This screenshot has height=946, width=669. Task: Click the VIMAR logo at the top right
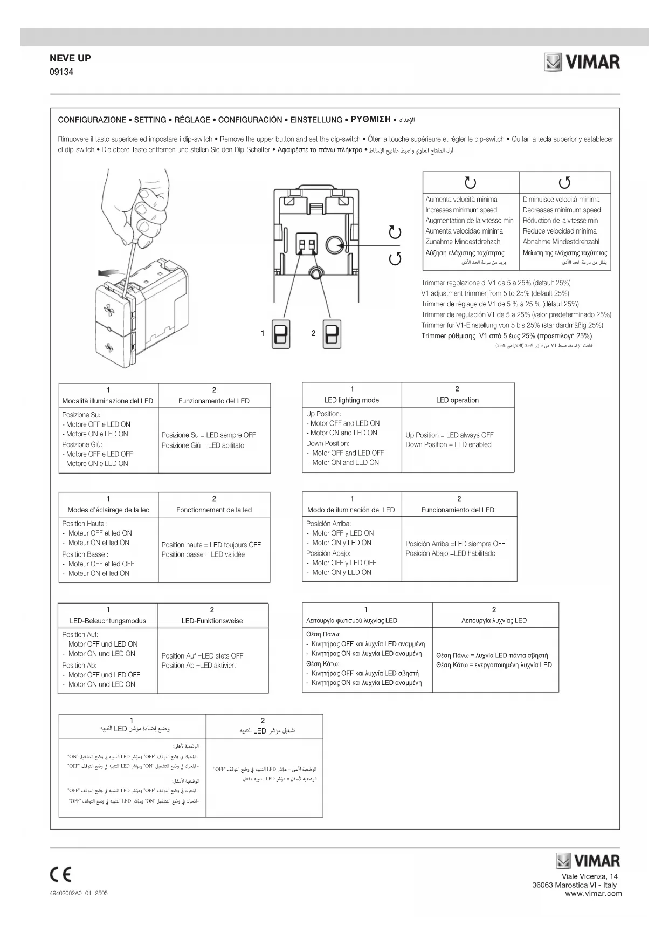[x=582, y=62]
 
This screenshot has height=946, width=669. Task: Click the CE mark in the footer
[x=60, y=874]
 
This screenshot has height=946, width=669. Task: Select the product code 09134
[x=61, y=72]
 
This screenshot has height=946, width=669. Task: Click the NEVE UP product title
[x=70, y=58]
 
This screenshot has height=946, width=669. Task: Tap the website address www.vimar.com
[x=593, y=893]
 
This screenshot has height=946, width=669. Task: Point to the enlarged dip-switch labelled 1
[x=280, y=334]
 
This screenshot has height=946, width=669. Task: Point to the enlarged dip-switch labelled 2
[x=331, y=334]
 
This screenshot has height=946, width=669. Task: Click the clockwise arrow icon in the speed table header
[x=470, y=183]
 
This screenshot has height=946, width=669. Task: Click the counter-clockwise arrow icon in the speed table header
[x=564, y=183]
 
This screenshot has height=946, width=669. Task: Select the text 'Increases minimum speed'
[x=461, y=210]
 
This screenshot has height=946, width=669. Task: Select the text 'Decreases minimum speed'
[x=561, y=210]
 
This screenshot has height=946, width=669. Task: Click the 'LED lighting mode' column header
[x=351, y=400]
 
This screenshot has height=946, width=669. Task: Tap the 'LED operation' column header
[x=457, y=400]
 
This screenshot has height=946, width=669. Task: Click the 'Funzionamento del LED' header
[x=214, y=401]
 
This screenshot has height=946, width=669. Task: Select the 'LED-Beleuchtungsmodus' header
[x=108, y=621]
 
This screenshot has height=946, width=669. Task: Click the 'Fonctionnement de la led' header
[x=214, y=510]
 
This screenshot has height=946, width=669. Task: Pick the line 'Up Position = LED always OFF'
[x=449, y=435]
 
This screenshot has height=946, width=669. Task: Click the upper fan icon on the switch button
[x=109, y=310]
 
